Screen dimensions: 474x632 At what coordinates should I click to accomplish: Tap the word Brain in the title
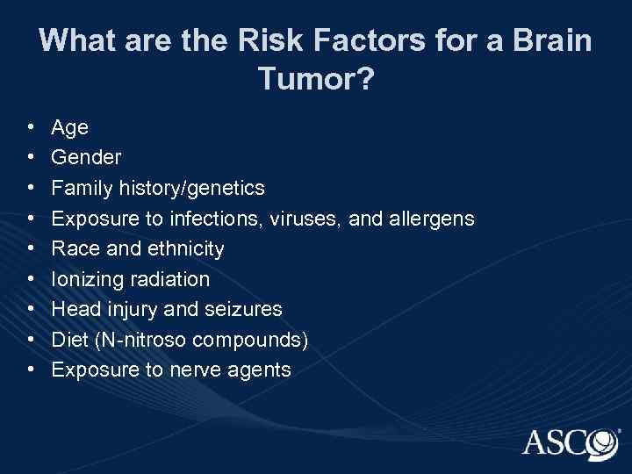(548, 40)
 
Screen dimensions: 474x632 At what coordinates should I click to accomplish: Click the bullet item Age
(70, 128)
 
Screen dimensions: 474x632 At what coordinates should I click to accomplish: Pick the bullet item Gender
(87, 158)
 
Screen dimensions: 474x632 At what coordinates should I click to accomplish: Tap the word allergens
(429, 219)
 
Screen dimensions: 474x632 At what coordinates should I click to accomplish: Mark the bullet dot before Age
(31, 128)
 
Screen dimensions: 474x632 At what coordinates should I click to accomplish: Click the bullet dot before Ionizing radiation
(31, 279)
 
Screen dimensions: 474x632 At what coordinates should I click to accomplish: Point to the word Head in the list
(74, 309)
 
